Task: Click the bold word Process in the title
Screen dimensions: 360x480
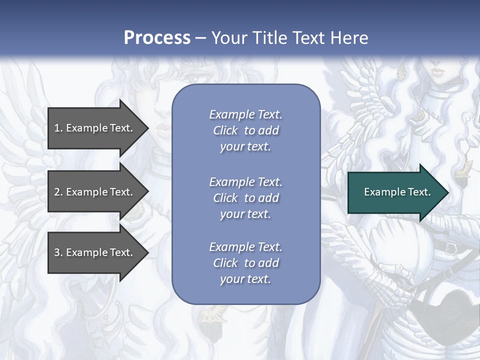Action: (x=157, y=38)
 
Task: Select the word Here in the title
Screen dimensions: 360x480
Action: (x=349, y=38)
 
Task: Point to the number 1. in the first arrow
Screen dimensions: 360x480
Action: (x=58, y=128)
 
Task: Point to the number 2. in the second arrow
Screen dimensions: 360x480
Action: (x=58, y=192)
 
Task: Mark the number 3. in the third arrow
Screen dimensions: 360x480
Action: (x=58, y=252)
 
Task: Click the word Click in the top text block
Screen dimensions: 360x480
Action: (x=225, y=130)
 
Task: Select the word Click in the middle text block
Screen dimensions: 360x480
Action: (x=225, y=198)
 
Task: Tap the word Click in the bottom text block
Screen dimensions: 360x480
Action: (x=225, y=263)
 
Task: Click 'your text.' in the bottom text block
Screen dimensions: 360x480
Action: (x=245, y=279)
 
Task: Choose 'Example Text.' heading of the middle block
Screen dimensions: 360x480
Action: (x=245, y=182)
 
